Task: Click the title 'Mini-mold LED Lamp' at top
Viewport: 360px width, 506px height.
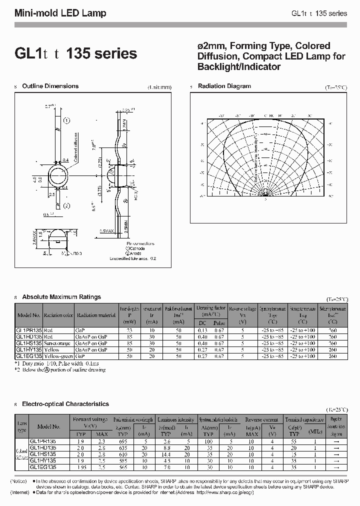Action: click(60, 13)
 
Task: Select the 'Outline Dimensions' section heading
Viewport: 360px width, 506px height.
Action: click(50, 86)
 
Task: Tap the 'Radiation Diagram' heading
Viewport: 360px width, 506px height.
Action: click(224, 86)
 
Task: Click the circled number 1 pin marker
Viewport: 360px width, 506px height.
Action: click(67, 120)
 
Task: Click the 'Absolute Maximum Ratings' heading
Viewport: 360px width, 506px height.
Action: click(61, 297)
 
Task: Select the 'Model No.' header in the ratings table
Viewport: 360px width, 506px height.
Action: click(29, 315)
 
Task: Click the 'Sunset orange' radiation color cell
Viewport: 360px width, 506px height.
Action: click(58, 343)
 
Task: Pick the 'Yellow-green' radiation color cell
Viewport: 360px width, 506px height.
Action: click(57, 356)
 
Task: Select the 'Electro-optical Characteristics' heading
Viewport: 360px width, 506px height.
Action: click(65, 403)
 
